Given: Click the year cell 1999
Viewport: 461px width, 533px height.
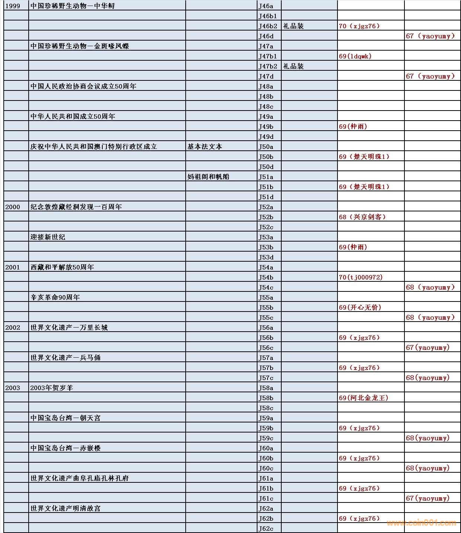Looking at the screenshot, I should (13, 6).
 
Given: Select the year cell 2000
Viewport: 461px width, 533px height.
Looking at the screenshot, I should (13, 207).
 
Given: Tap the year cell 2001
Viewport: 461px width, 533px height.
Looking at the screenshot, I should (13, 267).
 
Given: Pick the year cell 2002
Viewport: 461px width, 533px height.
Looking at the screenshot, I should (13, 328).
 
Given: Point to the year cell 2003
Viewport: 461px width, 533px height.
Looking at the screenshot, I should (13, 388).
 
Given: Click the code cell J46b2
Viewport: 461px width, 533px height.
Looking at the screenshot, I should (268, 26).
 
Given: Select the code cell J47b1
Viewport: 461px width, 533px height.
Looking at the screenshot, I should (268, 56).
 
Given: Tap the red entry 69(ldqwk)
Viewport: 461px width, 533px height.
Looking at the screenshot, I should (355, 56).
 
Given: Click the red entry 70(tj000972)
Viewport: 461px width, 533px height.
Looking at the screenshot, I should (361, 277).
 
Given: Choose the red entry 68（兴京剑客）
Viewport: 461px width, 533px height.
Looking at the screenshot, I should (362, 217).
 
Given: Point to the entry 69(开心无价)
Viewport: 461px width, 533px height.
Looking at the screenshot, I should (360, 307).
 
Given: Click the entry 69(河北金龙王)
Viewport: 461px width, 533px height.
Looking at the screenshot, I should (363, 398).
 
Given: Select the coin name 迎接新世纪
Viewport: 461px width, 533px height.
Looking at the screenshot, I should (48, 237).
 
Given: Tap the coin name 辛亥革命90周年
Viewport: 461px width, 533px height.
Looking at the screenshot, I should (55, 297).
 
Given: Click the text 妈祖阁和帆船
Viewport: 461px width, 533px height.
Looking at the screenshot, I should (208, 177).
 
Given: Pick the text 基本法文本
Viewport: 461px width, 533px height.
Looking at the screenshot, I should (205, 147).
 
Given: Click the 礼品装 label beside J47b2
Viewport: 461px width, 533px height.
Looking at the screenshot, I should (293, 66).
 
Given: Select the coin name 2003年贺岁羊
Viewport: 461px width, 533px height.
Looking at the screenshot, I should (52, 388).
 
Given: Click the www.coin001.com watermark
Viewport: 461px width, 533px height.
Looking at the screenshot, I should (421, 523).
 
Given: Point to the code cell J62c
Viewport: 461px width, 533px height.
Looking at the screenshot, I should (266, 529).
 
